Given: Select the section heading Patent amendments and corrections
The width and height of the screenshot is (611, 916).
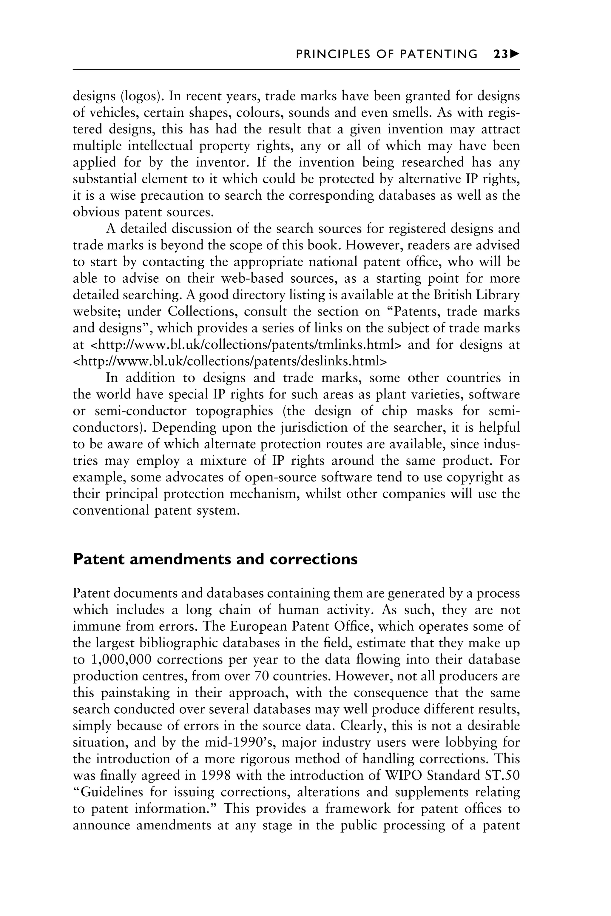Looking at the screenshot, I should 215,559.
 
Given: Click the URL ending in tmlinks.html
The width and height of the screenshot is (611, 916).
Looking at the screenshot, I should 246,345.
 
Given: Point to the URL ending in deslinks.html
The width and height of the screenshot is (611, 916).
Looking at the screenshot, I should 230,361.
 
